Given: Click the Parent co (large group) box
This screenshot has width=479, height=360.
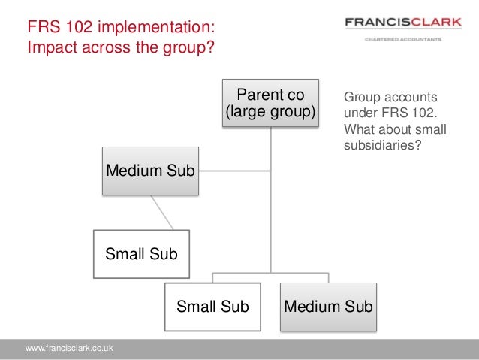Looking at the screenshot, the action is [270, 104].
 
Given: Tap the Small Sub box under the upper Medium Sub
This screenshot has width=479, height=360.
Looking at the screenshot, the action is [141, 254].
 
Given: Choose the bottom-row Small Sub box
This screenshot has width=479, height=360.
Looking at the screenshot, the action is [212, 307].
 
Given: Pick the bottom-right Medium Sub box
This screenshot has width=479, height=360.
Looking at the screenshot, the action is [327, 307].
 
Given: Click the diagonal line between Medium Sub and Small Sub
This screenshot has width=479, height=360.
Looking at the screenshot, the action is [162, 213].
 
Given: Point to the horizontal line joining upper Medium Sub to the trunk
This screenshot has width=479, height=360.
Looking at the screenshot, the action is [234, 170].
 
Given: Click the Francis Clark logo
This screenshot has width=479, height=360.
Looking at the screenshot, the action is [402, 23].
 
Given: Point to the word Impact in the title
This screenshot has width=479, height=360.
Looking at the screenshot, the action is [53, 48].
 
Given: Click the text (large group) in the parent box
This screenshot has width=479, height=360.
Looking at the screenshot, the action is [270, 113].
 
